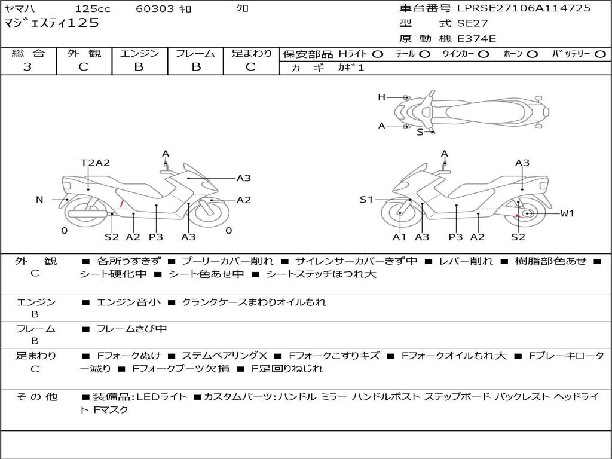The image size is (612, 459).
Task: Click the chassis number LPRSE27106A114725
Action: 524,8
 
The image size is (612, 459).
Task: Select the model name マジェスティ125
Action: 51,24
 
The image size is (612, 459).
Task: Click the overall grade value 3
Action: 27,67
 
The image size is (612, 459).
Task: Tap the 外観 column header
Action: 84,54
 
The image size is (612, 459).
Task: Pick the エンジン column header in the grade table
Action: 139,54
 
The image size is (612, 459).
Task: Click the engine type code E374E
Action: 476,39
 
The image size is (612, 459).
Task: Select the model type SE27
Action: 472,24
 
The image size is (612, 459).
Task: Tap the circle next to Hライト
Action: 377,54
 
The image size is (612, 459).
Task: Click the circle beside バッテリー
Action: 600,54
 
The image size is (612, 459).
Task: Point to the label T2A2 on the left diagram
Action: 95,163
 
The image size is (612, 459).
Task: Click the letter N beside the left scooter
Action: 39,200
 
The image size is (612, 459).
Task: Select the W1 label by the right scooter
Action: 567,213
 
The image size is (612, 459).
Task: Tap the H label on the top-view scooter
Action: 381,97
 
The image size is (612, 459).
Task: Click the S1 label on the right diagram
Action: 366,200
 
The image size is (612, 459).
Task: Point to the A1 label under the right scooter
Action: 399,237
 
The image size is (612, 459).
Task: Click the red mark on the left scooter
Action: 122,204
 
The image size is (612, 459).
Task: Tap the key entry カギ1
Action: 351,68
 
